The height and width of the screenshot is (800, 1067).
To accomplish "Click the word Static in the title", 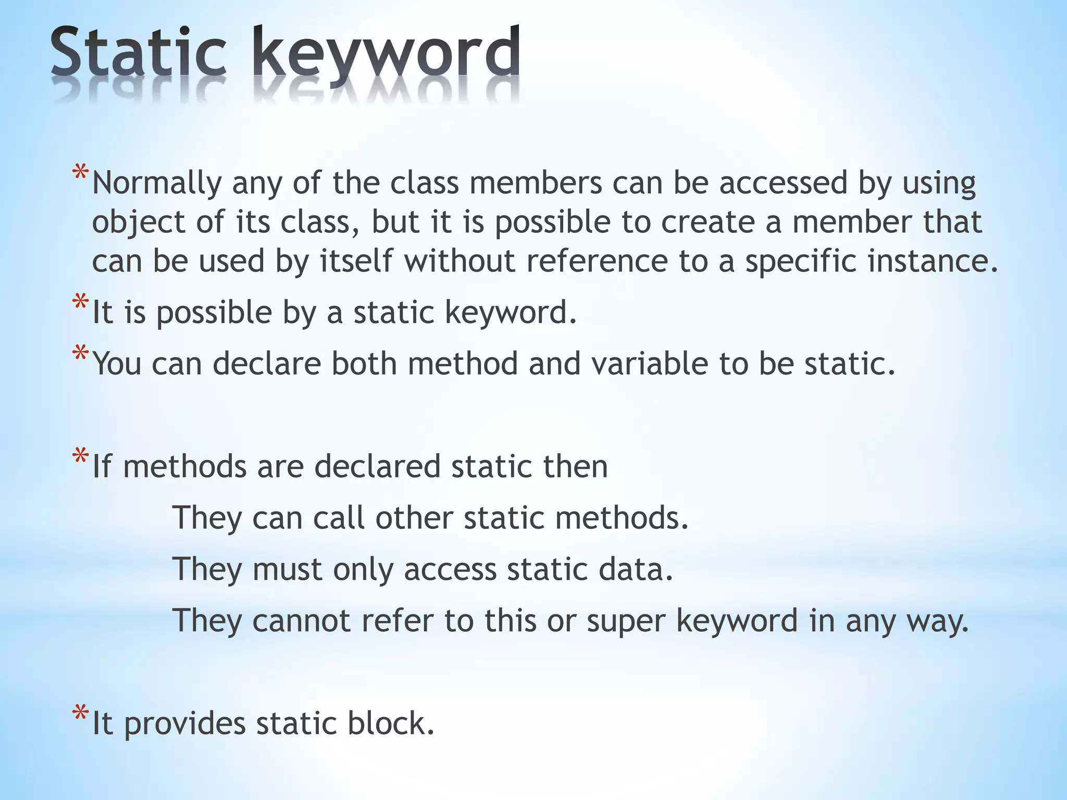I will point(138,55).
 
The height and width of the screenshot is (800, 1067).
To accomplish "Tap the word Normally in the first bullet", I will point(157,183).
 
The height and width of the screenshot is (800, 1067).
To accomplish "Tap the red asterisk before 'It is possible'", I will point(81,304).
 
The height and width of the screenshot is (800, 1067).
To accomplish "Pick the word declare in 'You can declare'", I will point(267,364).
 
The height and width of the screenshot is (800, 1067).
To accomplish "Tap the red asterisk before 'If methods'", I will point(81,457).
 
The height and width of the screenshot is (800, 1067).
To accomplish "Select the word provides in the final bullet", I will point(184,724).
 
